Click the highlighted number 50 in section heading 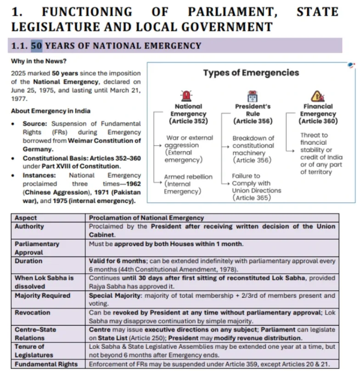[36, 45]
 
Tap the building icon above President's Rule [253, 96]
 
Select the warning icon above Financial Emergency [318, 96]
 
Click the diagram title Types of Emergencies [251, 73]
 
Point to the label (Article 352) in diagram [188, 121]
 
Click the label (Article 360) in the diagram [318, 121]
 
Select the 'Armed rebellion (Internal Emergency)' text [188, 184]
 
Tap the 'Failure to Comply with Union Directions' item [256, 186]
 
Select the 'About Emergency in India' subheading [44, 111]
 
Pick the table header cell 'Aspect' [26, 218]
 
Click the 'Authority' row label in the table [29, 226]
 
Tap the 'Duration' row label [28, 261]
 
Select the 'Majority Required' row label [42, 295]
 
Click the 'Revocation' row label [33, 312]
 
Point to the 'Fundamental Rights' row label [46, 364]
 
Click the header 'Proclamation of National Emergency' [146, 218]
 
